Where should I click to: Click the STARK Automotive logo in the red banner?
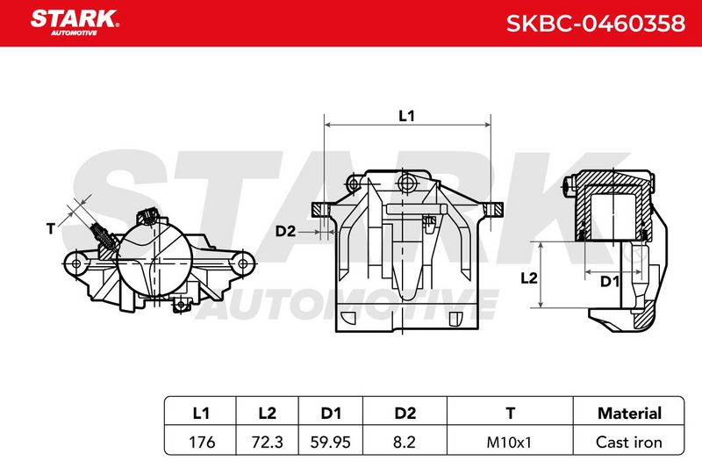[x=75, y=23]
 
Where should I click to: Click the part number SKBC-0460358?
[x=596, y=24]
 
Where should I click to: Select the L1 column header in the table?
[x=201, y=413]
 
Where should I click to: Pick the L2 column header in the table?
[x=268, y=413]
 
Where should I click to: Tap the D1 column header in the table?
[x=331, y=413]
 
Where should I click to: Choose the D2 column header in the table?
[x=405, y=413]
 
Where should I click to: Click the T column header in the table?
[x=510, y=413]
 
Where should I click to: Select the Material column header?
[x=629, y=413]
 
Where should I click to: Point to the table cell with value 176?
[x=202, y=442]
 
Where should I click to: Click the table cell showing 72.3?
[x=268, y=442]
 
